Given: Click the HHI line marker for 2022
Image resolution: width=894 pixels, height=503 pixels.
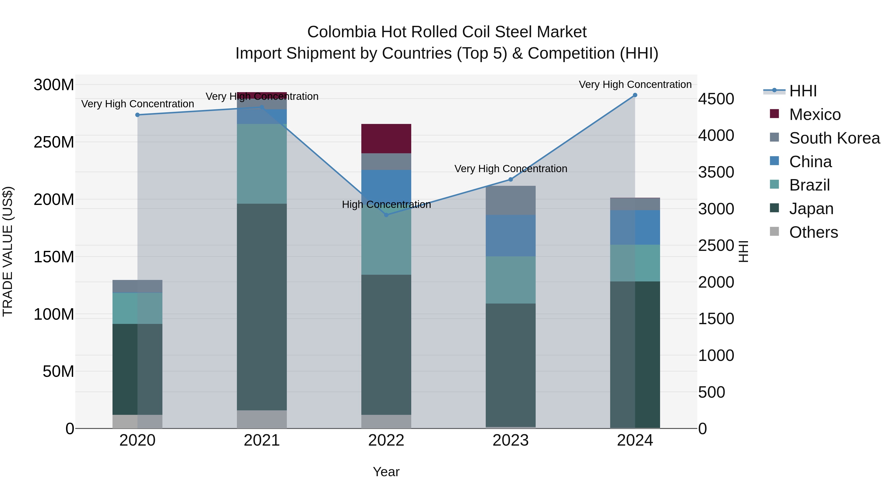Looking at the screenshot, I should click(386, 215).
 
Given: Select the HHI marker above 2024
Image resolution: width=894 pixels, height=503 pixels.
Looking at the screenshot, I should click(635, 95).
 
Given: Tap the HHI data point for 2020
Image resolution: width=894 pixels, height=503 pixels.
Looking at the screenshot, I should click(137, 115).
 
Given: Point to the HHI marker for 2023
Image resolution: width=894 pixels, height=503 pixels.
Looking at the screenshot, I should click(511, 180).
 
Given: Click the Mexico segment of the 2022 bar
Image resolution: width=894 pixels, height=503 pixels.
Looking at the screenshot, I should click(386, 139).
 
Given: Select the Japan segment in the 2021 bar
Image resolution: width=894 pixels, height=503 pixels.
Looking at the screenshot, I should click(262, 307).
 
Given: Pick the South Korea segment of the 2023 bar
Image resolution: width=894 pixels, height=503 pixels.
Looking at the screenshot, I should click(511, 200).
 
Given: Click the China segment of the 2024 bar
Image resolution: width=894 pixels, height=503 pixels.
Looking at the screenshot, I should click(635, 227).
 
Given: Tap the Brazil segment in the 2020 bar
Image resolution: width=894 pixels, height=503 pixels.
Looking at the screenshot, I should click(137, 308).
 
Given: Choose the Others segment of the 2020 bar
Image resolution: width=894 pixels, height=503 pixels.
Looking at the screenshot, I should click(137, 422).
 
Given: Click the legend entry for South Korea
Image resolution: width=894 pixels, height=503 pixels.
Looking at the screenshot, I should click(834, 138).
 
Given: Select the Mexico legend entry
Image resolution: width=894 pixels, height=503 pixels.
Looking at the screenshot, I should click(815, 115).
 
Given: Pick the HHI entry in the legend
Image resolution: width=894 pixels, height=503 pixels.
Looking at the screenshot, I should click(803, 91).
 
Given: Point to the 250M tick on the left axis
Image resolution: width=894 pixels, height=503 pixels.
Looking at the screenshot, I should click(54, 142).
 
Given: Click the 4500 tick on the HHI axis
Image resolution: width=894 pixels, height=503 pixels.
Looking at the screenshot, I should click(716, 99).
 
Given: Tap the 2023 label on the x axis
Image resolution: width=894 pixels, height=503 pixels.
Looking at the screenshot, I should click(511, 440).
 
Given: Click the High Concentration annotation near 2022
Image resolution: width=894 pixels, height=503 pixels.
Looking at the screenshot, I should click(386, 204).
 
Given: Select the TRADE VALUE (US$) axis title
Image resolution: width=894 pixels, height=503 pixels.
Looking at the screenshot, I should click(8, 251).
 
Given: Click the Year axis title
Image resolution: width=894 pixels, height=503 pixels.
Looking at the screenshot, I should click(386, 472).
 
